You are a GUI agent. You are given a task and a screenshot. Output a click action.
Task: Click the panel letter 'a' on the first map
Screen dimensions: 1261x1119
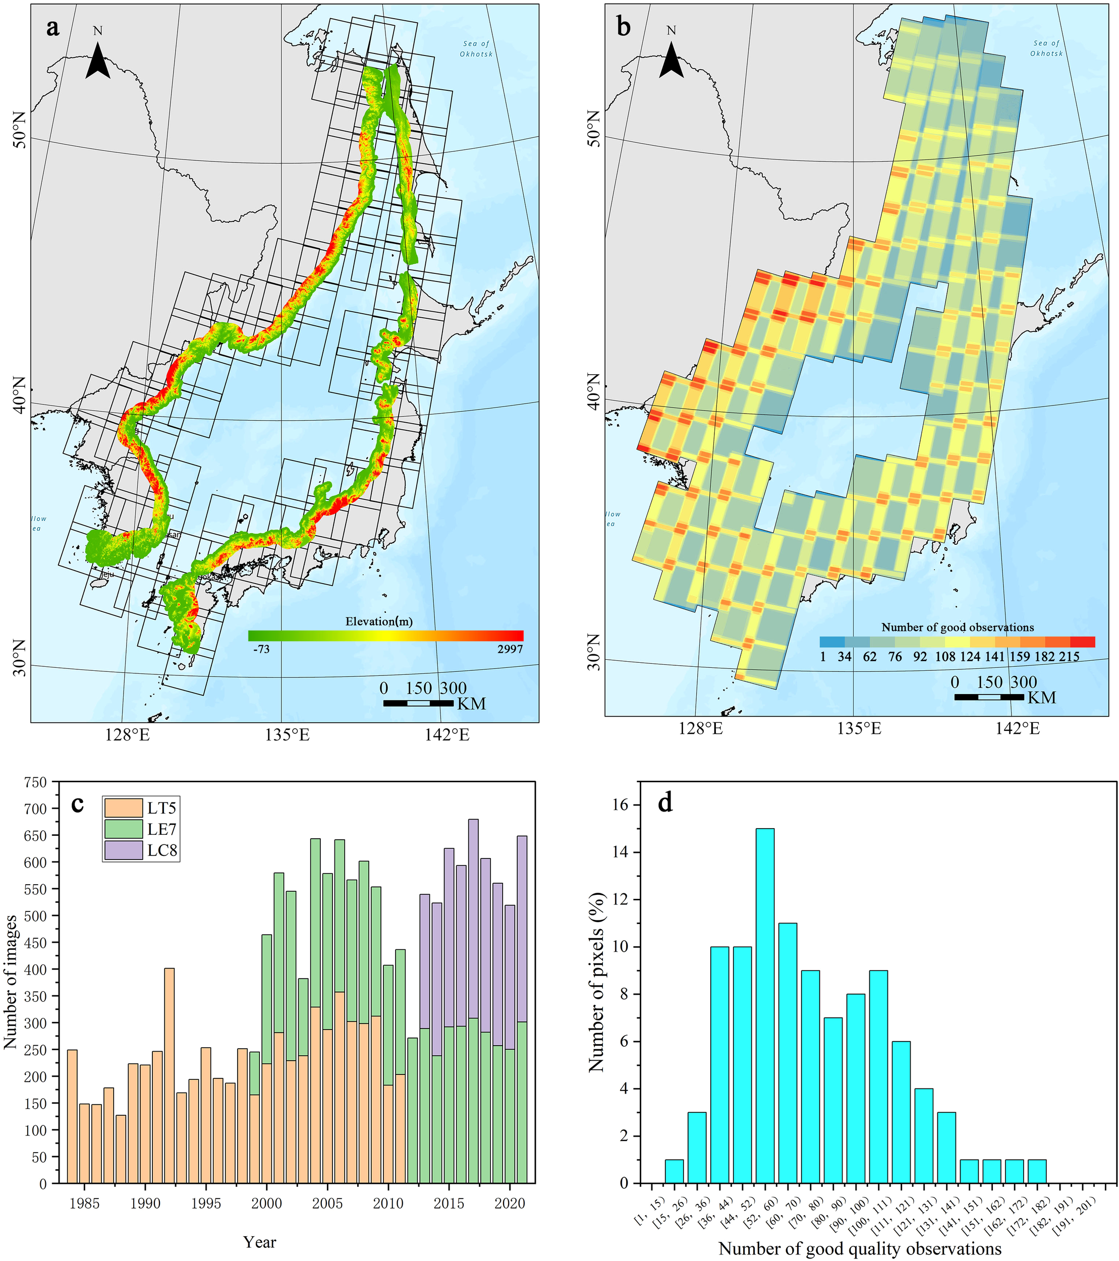53,27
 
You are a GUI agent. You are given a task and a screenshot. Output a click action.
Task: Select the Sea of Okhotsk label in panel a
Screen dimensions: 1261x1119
476,49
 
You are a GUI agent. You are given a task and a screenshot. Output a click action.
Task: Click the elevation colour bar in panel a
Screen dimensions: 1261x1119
386,636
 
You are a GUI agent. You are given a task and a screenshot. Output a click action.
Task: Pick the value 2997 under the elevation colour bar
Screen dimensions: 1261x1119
511,649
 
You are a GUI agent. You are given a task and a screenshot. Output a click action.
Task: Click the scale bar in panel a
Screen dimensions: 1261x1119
418,703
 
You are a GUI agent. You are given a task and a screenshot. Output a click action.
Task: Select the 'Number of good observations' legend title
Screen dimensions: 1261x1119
957,627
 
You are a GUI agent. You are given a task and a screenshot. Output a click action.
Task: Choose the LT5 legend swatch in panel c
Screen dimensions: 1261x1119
124,808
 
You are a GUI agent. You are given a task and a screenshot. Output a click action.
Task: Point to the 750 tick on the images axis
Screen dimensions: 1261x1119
35,782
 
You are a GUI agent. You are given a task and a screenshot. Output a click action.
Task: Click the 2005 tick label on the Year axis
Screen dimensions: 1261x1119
327,1203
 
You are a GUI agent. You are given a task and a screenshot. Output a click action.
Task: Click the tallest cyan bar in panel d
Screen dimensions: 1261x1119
765,1006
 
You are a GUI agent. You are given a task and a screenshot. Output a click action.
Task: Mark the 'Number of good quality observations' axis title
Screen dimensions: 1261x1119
860,1249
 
